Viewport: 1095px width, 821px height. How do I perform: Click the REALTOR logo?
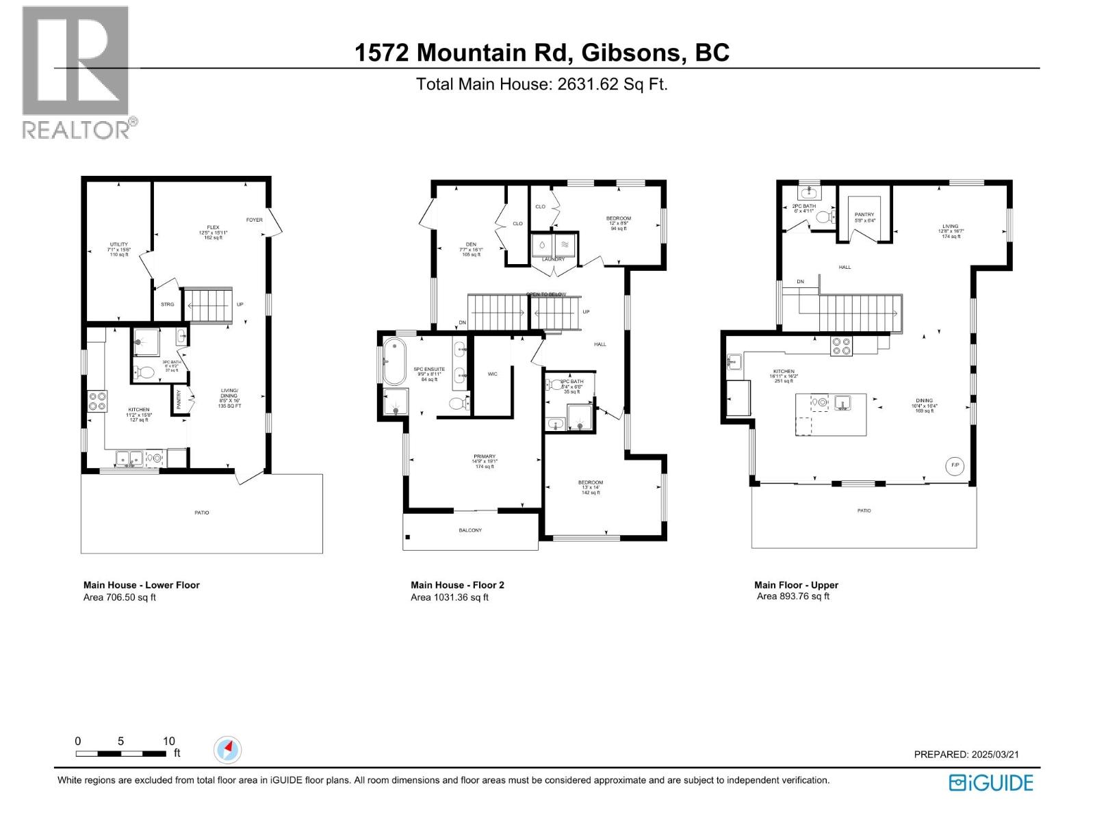pyautogui.click(x=76, y=71)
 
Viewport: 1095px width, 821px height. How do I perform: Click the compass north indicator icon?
pyautogui.click(x=227, y=750)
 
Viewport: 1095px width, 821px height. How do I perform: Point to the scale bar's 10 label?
pyautogui.click(x=169, y=741)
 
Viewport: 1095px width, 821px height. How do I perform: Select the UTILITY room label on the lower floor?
pyautogui.click(x=119, y=244)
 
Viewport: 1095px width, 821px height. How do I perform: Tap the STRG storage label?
pyautogui.click(x=167, y=304)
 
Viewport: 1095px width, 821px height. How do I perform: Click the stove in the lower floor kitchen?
pyautogui.click(x=96, y=400)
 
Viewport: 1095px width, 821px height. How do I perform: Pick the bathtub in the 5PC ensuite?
pyautogui.click(x=394, y=361)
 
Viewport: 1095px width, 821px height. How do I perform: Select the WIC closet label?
pyautogui.click(x=493, y=374)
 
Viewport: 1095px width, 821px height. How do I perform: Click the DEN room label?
pyautogui.click(x=471, y=244)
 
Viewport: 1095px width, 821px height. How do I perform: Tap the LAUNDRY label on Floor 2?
pyautogui.click(x=554, y=259)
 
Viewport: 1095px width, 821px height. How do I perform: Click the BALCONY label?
pyautogui.click(x=470, y=530)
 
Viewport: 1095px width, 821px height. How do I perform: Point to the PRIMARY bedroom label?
pyautogui.click(x=484, y=456)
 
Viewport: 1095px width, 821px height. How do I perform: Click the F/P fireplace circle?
pyautogui.click(x=955, y=465)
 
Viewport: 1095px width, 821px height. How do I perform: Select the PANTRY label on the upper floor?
pyautogui.click(x=864, y=215)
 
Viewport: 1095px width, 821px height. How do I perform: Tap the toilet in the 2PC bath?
pyautogui.click(x=825, y=218)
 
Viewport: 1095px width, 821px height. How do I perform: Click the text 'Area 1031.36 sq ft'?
pyautogui.click(x=450, y=597)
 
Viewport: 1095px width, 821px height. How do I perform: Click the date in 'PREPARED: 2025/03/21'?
pyautogui.click(x=995, y=754)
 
